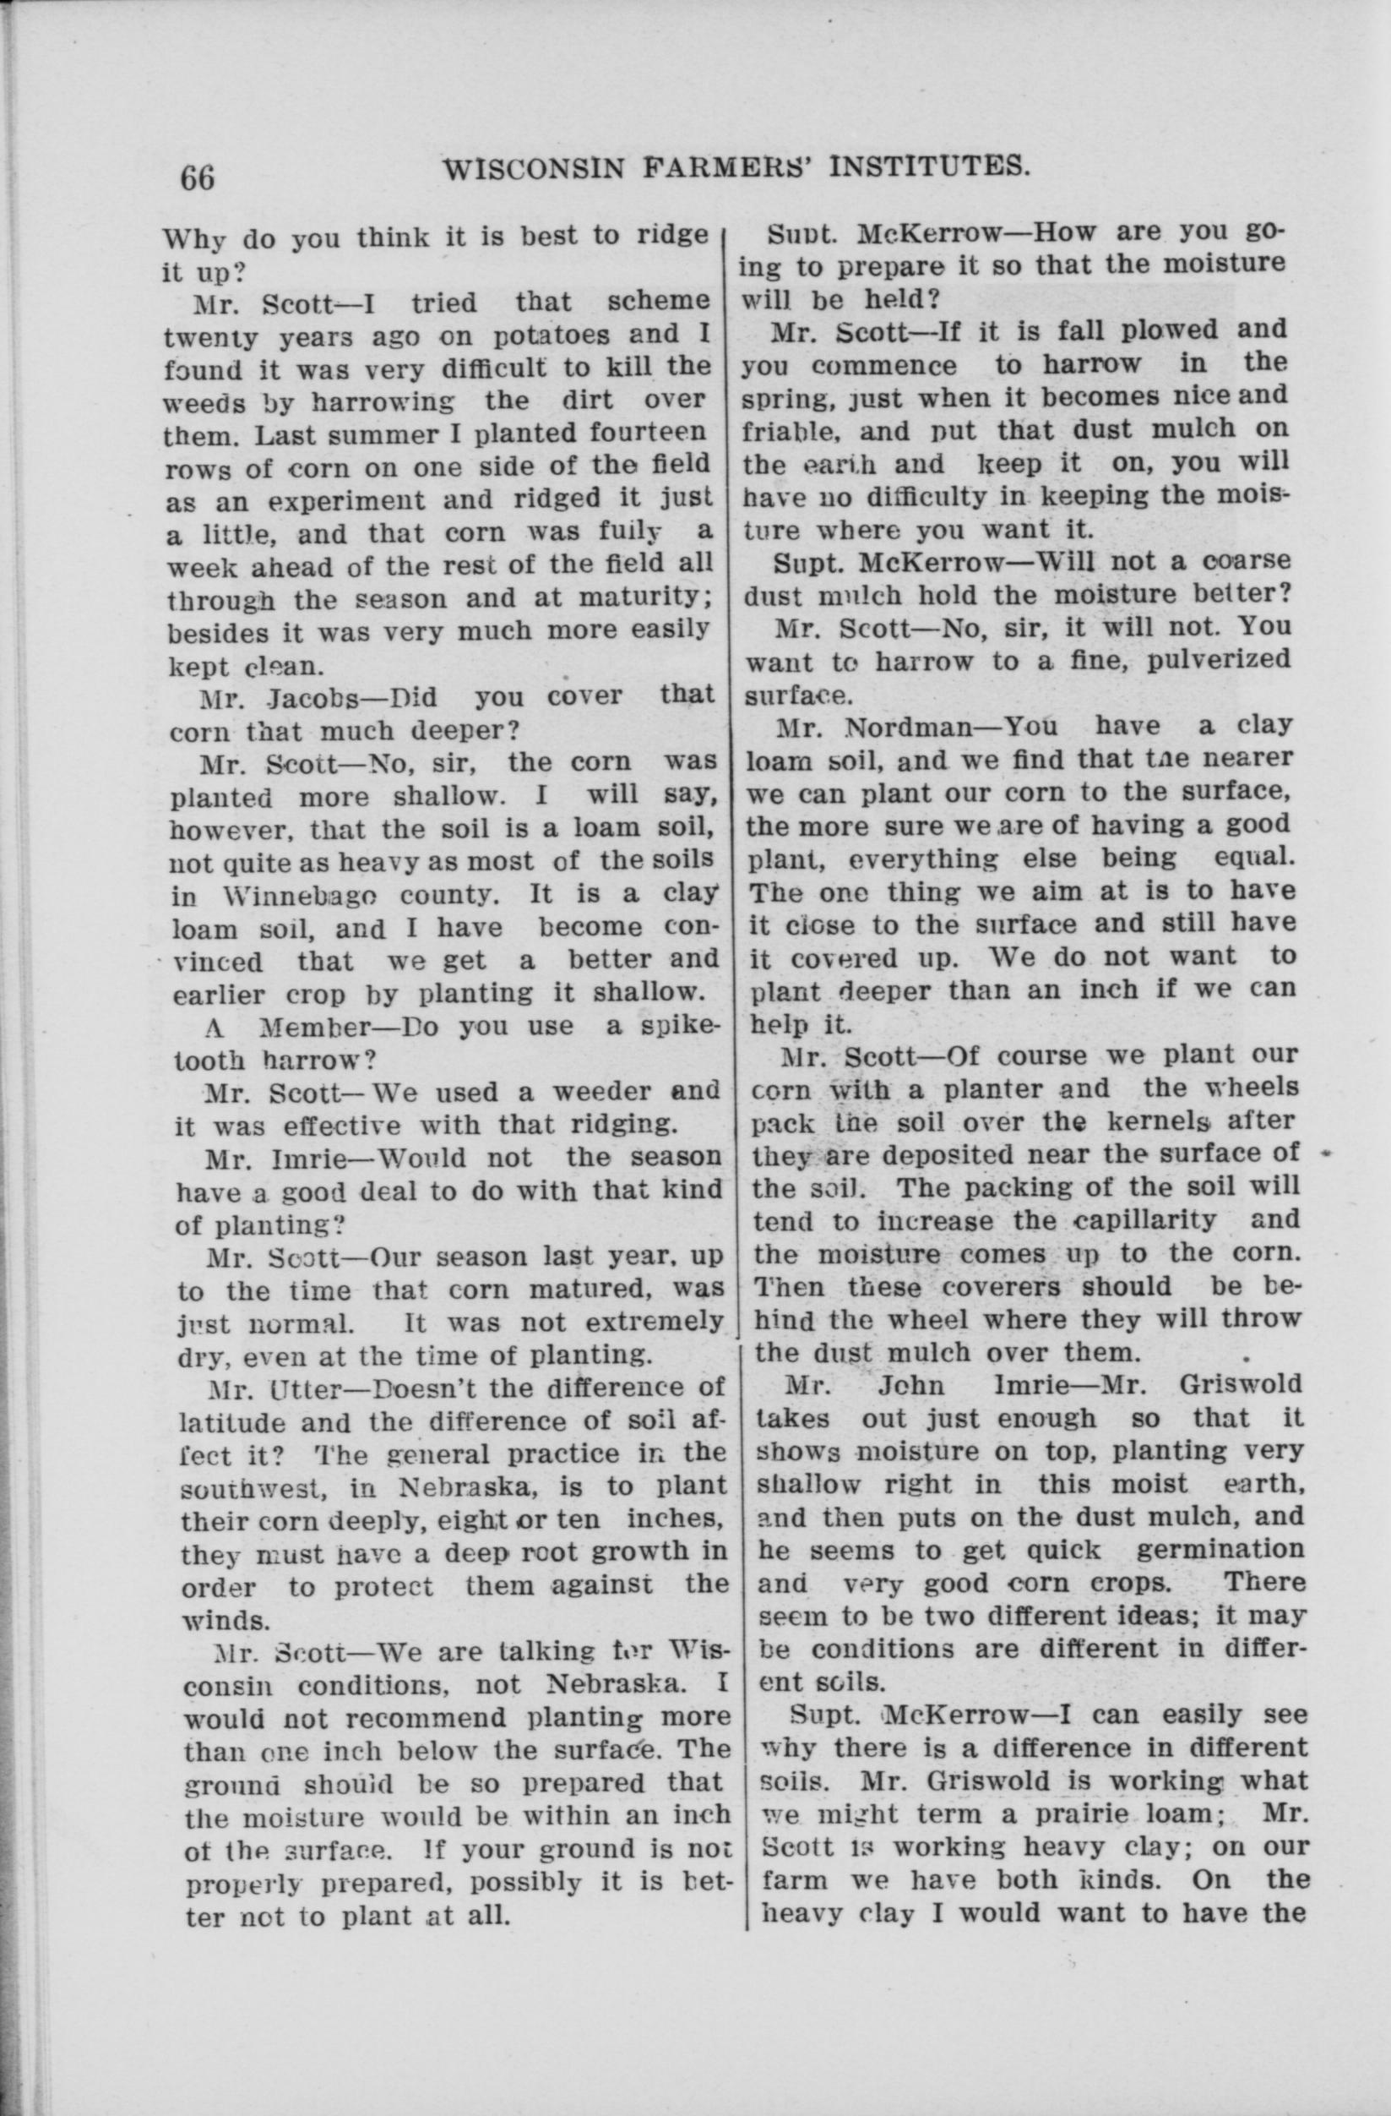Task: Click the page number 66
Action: coord(197,177)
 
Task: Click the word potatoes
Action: coord(530,338)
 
